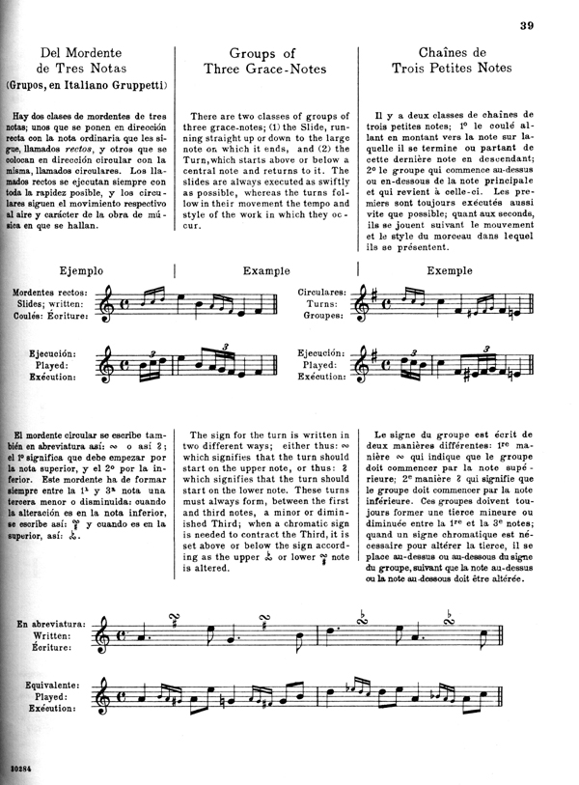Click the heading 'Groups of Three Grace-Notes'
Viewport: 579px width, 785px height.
(x=262, y=62)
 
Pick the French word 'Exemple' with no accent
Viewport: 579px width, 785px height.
(x=454, y=271)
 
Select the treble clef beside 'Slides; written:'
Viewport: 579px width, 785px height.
(x=113, y=303)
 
